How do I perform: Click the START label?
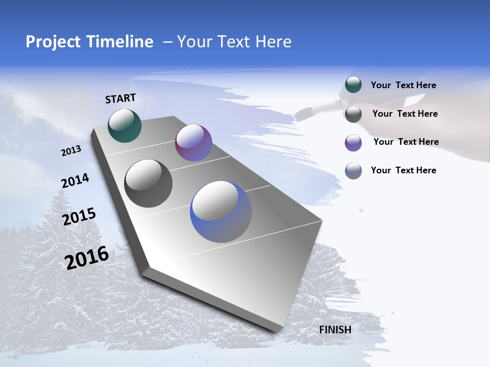[120, 98]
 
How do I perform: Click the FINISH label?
[335, 330]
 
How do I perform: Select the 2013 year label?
[71, 151]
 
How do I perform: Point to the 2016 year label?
[87, 258]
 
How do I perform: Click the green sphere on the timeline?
[125, 125]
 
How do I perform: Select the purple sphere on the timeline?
[193, 143]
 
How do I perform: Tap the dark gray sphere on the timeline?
[149, 183]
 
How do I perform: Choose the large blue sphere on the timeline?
[221, 212]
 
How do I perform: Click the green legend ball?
[353, 85]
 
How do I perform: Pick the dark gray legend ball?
[353, 114]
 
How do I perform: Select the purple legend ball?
[353, 143]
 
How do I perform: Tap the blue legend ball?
[353, 171]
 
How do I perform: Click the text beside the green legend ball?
[403, 85]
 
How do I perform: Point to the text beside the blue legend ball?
[403, 170]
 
